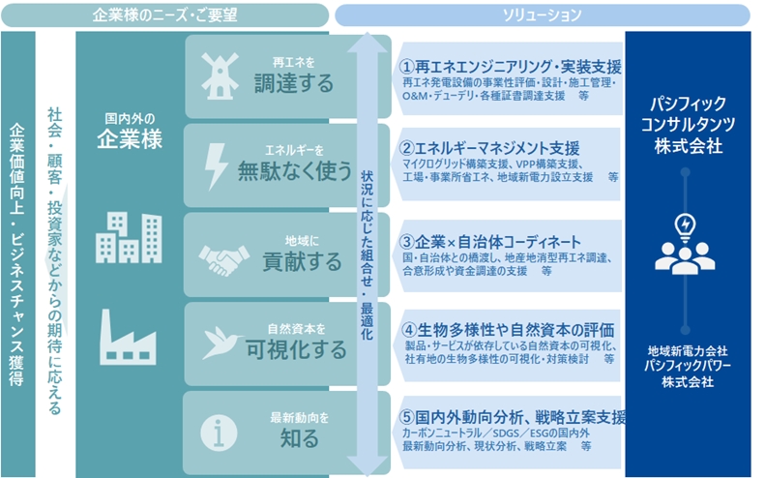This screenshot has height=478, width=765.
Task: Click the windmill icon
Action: (221, 75)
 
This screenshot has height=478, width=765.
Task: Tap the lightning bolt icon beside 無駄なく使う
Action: (216, 166)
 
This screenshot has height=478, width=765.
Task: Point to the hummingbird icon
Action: (222, 343)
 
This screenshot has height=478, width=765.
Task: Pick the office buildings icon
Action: (129, 237)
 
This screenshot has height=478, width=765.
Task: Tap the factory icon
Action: (128, 337)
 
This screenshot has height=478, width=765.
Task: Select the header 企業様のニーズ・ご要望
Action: (165, 15)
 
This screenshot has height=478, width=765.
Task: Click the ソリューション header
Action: (542, 15)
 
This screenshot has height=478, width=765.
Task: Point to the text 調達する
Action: (294, 83)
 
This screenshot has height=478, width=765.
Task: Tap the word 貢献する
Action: (302, 261)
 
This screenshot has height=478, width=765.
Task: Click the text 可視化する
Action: (296, 349)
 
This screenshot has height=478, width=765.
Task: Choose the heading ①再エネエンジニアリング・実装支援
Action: (511, 67)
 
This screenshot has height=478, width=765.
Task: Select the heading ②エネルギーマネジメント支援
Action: (489, 147)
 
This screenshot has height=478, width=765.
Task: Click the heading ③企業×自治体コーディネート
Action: (490, 242)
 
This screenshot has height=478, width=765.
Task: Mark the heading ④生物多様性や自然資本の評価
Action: (508, 331)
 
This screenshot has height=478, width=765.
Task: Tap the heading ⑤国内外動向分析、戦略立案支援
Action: (513, 417)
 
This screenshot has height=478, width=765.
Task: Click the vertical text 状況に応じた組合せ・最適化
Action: (367, 254)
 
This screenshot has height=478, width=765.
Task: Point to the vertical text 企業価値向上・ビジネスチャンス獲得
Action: (17, 254)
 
